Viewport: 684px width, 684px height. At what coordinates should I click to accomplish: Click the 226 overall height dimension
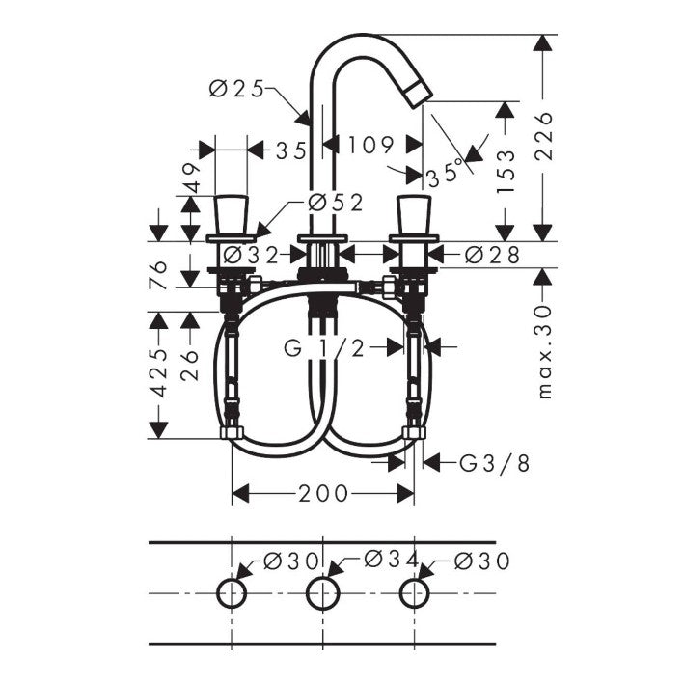point(545,136)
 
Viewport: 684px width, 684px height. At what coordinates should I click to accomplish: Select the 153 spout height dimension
point(506,171)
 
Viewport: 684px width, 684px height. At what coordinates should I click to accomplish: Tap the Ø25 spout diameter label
point(237,90)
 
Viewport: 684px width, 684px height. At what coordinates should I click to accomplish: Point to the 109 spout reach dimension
point(370,145)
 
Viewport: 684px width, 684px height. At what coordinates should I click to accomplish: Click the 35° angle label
point(444,173)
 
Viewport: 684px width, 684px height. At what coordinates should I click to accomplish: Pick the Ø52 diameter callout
point(336,203)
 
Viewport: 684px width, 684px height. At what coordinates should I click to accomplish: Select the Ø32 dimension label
point(251,255)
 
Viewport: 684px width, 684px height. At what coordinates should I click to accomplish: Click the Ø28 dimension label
point(492,255)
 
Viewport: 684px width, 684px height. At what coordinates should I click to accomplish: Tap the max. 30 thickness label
point(545,351)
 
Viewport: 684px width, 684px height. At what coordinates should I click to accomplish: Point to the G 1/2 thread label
point(324,347)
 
